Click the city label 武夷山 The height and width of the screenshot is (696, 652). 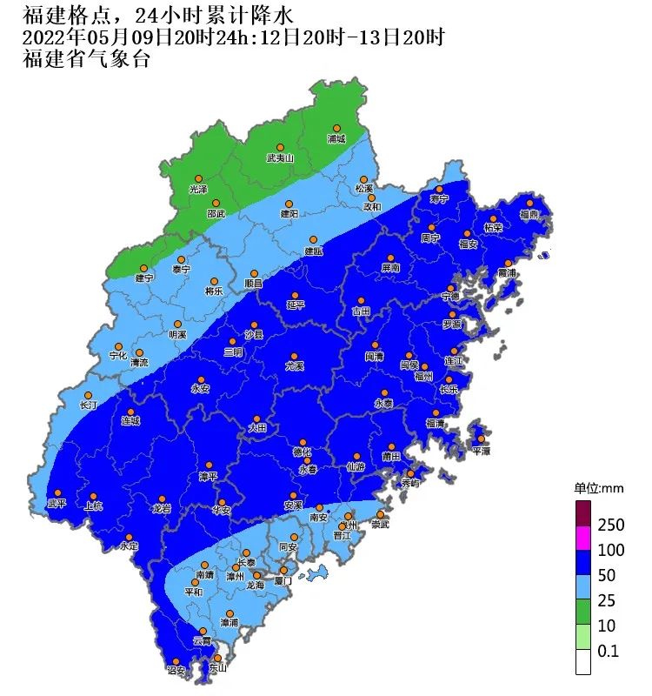point(281,158)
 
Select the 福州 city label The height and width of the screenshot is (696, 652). point(423,377)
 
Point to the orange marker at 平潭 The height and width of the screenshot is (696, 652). point(481,438)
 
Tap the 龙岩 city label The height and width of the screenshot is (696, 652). point(162,508)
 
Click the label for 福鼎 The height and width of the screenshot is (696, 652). point(529,214)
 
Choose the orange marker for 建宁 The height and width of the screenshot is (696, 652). point(143,267)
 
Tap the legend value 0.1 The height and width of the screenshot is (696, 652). point(607,650)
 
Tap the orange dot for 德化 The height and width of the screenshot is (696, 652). point(303,442)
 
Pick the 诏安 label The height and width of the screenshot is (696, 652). point(176,670)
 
